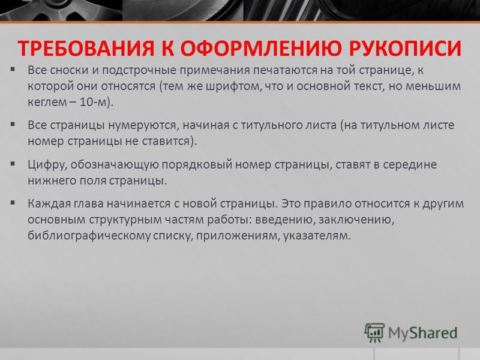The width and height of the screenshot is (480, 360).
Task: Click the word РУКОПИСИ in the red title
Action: [x=405, y=48]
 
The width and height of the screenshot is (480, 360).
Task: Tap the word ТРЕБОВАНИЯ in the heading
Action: [x=86, y=48]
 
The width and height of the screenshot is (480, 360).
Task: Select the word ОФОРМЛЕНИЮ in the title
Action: [x=261, y=48]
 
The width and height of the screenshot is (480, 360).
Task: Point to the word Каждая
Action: [x=49, y=204]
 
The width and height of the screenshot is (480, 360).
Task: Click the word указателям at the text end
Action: [x=317, y=236]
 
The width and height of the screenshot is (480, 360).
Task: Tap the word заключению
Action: [x=356, y=220]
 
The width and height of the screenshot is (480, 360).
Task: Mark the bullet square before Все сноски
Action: [x=13, y=69]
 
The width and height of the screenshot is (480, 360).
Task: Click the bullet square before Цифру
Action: [x=13, y=164]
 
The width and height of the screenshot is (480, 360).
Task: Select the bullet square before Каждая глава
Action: [x=13, y=203]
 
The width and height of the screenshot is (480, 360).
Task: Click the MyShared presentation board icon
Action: [x=374, y=332]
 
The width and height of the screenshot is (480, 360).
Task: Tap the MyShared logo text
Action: [x=423, y=334]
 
